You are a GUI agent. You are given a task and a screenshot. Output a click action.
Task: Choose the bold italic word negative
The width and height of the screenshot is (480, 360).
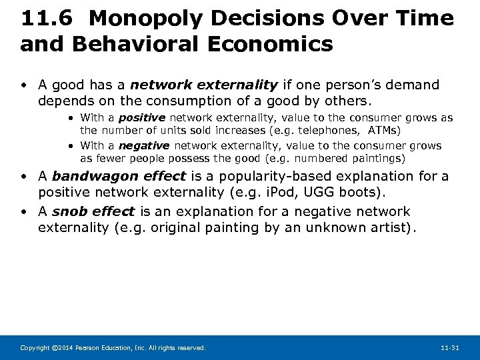[x=144, y=146]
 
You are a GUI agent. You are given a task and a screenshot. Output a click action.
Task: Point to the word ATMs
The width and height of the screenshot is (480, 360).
[x=383, y=130]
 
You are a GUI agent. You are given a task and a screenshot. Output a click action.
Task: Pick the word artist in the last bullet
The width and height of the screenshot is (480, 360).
[x=389, y=228]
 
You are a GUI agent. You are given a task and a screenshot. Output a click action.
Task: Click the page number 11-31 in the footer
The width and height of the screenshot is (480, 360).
[x=450, y=348]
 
